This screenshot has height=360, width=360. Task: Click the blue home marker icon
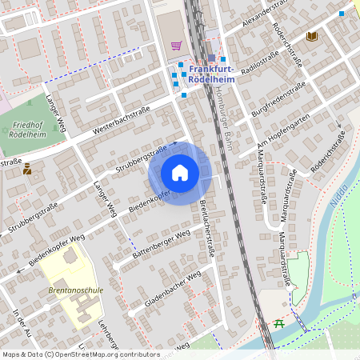(x=180, y=173)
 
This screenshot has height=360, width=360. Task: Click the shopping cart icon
(x=176, y=45)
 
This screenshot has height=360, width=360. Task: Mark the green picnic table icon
(x=278, y=323)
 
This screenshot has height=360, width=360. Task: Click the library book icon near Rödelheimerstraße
(x=312, y=36)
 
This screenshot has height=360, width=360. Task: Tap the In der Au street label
(x=22, y=322)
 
